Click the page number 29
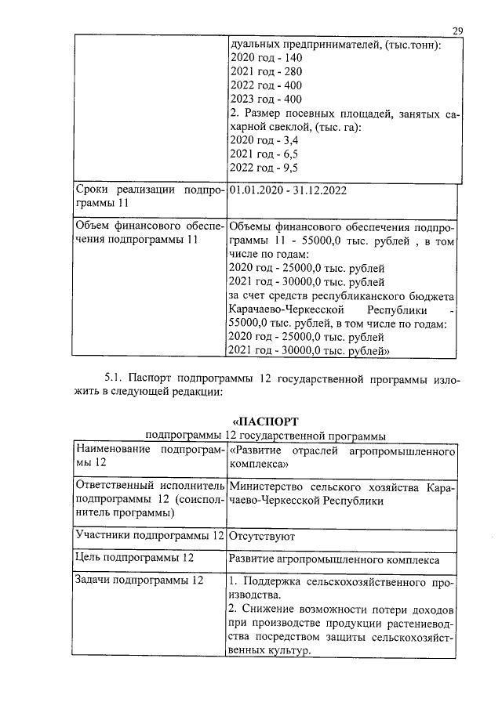(459, 31)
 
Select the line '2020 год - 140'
(266, 58)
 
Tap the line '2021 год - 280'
(266, 72)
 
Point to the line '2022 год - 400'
(266, 85)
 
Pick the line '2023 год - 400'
(266, 99)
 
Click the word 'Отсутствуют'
(261, 537)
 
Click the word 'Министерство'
(265, 487)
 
